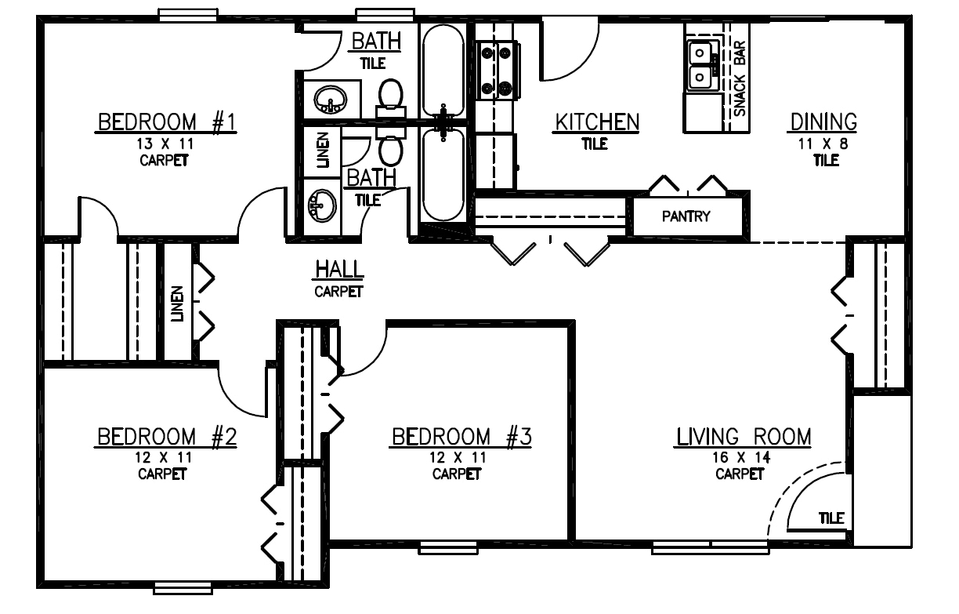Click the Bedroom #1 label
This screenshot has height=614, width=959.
167,122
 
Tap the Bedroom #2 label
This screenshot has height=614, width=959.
166,437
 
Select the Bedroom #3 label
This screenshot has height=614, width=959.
461,437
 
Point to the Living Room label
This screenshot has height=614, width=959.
743,437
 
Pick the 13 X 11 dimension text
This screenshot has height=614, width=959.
165,144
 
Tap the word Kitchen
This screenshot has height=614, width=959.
597,122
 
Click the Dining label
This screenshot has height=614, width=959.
823,122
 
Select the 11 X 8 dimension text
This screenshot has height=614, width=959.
823,144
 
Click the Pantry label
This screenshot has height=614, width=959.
686,216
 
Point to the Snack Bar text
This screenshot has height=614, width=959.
740,79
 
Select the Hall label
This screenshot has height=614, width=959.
339,270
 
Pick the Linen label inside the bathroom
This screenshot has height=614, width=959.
323,148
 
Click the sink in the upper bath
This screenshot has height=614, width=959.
330,100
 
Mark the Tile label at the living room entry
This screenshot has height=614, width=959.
831,518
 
